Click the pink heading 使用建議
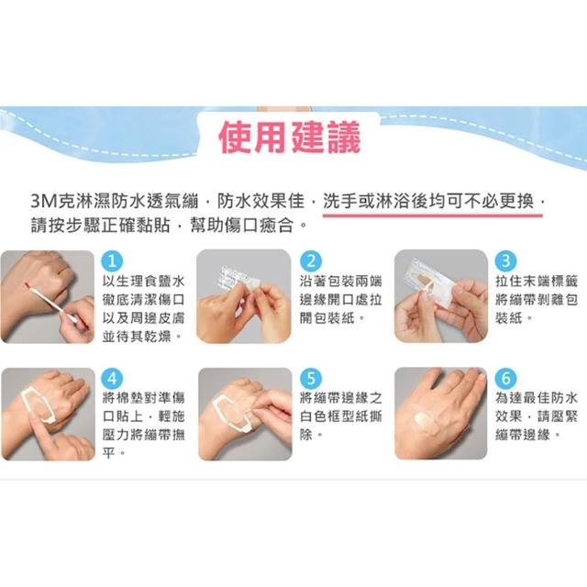tap(290, 137)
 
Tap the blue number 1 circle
tap(112, 260)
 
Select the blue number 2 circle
tap(311, 260)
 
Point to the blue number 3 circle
tap(505, 260)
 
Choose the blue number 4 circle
tap(112, 379)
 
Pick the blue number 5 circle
tap(311, 379)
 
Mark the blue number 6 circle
tap(505, 379)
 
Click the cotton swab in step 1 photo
tap(51, 303)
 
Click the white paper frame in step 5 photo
tap(232, 412)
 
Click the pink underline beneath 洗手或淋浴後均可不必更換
tap(432, 216)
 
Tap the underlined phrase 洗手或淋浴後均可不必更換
tap(428, 201)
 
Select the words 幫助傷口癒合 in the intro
tap(242, 226)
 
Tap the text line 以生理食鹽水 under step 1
tap(144, 282)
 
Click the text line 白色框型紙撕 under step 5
tap(340, 416)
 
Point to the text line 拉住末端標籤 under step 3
tap(537, 282)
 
